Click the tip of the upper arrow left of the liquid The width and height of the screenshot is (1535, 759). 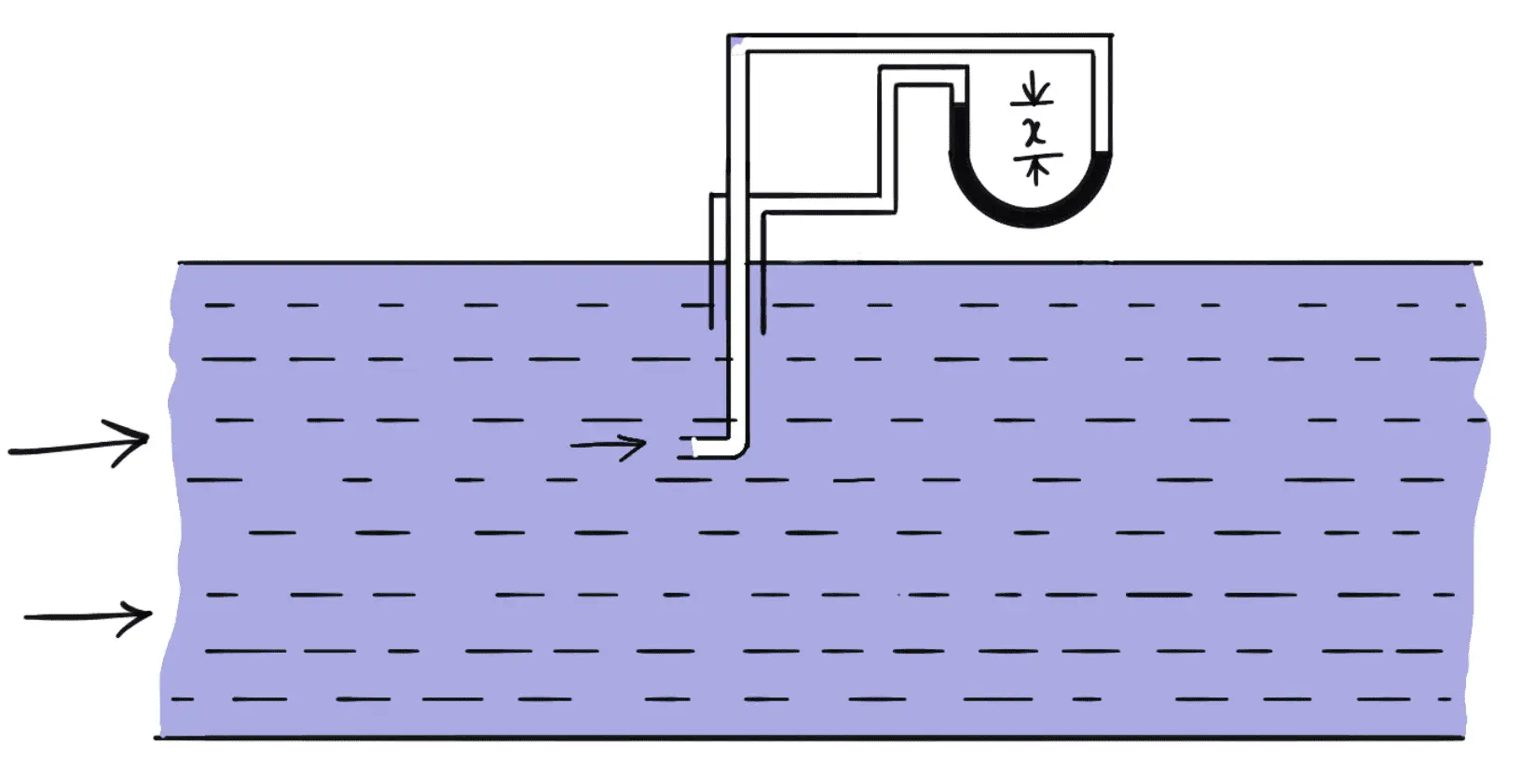tap(148, 437)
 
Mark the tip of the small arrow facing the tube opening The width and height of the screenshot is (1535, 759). tap(645, 444)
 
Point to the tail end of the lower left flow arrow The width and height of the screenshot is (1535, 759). tap(25, 618)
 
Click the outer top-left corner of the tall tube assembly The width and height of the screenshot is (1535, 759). tap(729, 34)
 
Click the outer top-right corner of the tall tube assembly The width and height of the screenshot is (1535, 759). tap(1112, 34)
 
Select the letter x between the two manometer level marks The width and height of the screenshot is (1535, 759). tap(1035, 131)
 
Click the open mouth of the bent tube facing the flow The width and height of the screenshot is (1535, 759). tap(693, 447)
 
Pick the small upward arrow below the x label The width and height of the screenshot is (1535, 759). tap(1035, 172)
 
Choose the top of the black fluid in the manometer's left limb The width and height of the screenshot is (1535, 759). tap(958, 103)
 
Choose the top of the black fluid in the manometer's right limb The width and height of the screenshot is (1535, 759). tap(1103, 150)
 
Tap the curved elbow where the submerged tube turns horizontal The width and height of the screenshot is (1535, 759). tap(739, 449)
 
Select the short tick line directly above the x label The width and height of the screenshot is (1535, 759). tap(1032, 103)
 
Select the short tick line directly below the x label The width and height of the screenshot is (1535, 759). tap(1037, 157)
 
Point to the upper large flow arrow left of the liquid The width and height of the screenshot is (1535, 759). tap(79, 444)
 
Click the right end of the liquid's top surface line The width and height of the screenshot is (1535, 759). tap(1482, 263)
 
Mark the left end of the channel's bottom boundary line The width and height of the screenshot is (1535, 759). tap(155, 738)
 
